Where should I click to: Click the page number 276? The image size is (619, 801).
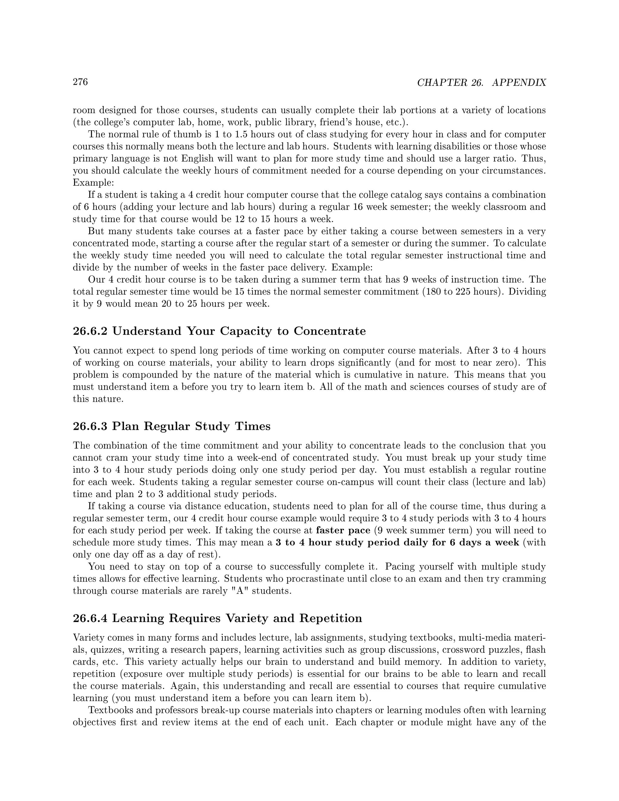tap(80, 82)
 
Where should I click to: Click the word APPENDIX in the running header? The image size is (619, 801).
tap(519, 83)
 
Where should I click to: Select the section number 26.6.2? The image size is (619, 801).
tap(90, 331)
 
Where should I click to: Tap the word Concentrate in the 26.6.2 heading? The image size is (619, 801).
tap(330, 331)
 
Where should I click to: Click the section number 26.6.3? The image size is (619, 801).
tap(90, 426)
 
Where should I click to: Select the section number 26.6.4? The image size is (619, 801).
tap(90, 618)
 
